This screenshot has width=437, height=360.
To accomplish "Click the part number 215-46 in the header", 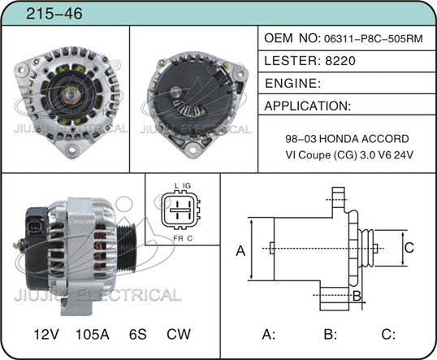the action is (54, 13).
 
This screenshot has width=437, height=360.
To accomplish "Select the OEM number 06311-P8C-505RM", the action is (373, 38).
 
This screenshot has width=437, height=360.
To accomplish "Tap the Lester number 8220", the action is (340, 60).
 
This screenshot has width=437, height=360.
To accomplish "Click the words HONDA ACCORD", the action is (363, 139).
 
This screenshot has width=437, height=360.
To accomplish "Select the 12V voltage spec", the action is (46, 334).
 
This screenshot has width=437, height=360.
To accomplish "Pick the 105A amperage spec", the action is (93, 334).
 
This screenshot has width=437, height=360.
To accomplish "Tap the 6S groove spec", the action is (137, 334).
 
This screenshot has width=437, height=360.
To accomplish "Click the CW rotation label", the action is (179, 334).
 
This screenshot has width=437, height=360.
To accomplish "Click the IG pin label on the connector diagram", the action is (187, 186).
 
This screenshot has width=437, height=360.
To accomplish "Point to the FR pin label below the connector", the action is (178, 238).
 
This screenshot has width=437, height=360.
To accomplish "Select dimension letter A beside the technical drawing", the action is (240, 250).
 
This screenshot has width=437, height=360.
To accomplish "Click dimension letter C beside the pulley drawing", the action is (409, 248).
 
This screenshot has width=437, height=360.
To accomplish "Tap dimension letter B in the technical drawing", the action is (357, 296).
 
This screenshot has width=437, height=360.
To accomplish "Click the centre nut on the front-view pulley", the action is (70, 95).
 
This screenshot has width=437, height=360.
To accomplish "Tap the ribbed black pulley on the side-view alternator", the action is (126, 247).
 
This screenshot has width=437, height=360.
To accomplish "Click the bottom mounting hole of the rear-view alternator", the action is (193, 150).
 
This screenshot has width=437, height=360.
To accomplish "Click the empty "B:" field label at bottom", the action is (331, 334).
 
